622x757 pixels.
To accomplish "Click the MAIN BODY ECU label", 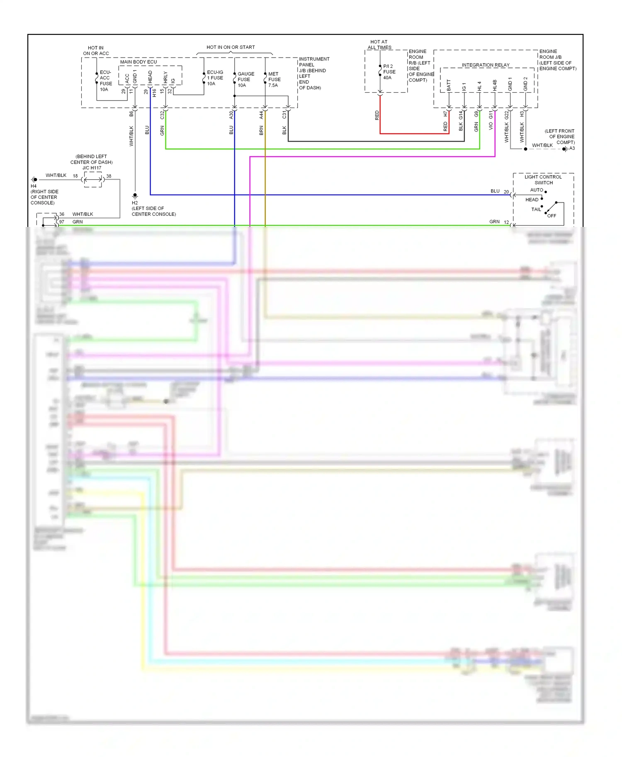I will pos(138,62).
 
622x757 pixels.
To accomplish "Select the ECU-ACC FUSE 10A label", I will pos(105,81).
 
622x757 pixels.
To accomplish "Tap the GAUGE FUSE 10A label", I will pos(245,80).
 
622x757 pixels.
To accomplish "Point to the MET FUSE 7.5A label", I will pos(274,80).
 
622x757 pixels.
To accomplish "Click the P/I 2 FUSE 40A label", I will pos(389,72).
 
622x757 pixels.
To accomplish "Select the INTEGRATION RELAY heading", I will pos(486,65).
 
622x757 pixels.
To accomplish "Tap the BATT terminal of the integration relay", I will pos(449,86).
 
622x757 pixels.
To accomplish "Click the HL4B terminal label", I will pos(495,86).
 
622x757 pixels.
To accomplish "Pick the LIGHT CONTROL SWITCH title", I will pos(543,180).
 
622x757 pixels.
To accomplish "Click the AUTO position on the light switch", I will pos(537,190).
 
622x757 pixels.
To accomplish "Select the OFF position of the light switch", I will pos(552,216).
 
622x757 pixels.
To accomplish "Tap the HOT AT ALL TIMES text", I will pos(379,45).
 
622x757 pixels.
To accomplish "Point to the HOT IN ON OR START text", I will pos(231,47).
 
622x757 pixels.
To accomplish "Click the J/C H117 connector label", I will pos(92,168).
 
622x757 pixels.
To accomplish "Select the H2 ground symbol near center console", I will pos(135,195).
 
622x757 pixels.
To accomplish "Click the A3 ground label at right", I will pos(572,148).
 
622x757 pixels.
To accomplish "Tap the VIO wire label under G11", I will pos(491,126).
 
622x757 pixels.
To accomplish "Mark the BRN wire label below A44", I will pos(261,131).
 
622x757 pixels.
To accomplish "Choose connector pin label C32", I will pos(162,115).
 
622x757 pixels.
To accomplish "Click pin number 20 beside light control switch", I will pos(506,192).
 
